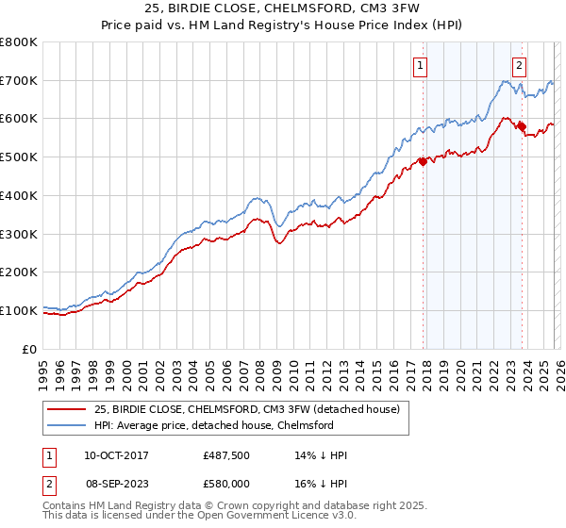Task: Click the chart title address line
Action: click(x=282, y=8)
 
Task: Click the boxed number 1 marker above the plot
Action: click(x=419, y=65)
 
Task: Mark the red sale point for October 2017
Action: click(x=423, y=161)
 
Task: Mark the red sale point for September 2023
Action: click(x=522, y=126)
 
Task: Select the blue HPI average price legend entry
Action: click(x=213, y=425)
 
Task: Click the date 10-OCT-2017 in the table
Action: click(x=116, y=455)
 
